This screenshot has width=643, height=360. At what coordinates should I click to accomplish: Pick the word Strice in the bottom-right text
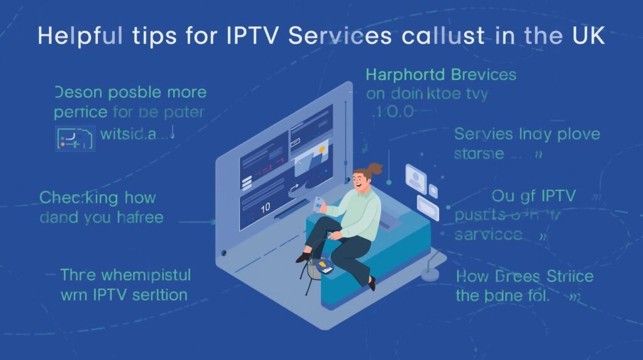pos(568,276)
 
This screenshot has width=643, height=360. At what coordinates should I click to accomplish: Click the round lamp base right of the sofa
pos(431,275)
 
